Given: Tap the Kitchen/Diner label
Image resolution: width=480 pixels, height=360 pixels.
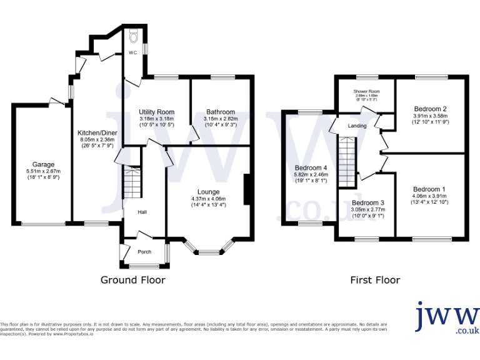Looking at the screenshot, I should pos(97,132).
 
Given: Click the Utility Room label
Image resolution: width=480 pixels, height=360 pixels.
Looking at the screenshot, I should pos(156,112).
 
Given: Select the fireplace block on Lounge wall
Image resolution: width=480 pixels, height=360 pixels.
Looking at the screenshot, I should pos(249,189).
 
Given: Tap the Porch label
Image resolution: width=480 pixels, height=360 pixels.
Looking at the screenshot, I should pos(144,252).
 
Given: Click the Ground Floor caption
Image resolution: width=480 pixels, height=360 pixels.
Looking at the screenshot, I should pos(133,280).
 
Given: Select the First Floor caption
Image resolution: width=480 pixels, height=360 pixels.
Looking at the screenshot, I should pos(376,280).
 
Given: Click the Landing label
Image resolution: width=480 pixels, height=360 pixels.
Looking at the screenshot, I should pos(357,126).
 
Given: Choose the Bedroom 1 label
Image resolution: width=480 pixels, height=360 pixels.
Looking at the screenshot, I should pos(429,189).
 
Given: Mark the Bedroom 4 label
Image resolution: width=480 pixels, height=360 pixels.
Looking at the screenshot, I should pos(311,167).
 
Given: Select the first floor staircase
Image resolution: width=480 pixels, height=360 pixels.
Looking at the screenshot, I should pos(346,161).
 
